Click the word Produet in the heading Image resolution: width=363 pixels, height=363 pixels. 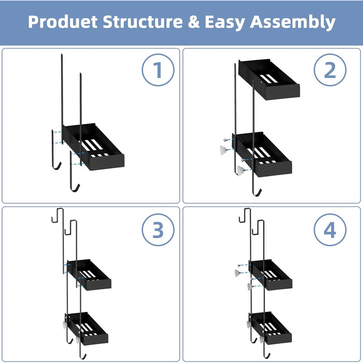coord(63,22)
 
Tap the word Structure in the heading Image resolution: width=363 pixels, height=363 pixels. coord(143,22)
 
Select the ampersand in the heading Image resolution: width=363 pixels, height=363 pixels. coord(194,22)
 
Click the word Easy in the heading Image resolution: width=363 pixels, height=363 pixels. coord(225,22)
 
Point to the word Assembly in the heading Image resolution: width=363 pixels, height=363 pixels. coord(292,22)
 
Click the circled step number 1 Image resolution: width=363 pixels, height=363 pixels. coord(158,70)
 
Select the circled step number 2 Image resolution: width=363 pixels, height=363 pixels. coord(330,70)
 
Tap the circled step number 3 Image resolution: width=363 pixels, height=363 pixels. coord(158,230)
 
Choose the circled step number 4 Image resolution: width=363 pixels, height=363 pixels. coord(330,230)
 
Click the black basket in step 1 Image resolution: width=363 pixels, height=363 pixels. coord(93,147)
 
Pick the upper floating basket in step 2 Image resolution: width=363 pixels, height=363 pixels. coord(269,79)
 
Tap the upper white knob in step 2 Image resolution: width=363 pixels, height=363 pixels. coord(224,150)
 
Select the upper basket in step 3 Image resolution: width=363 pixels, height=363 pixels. coord(89,275)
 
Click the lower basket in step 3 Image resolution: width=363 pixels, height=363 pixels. coord(88,328)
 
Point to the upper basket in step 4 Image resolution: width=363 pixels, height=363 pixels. coord(271,275)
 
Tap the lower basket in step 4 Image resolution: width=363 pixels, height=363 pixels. coord(270,328)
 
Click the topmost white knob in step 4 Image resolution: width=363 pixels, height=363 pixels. coord(238,273)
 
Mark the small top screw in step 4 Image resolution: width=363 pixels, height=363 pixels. coord(240,266)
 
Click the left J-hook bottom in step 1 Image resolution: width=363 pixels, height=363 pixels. coord(56,166)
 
